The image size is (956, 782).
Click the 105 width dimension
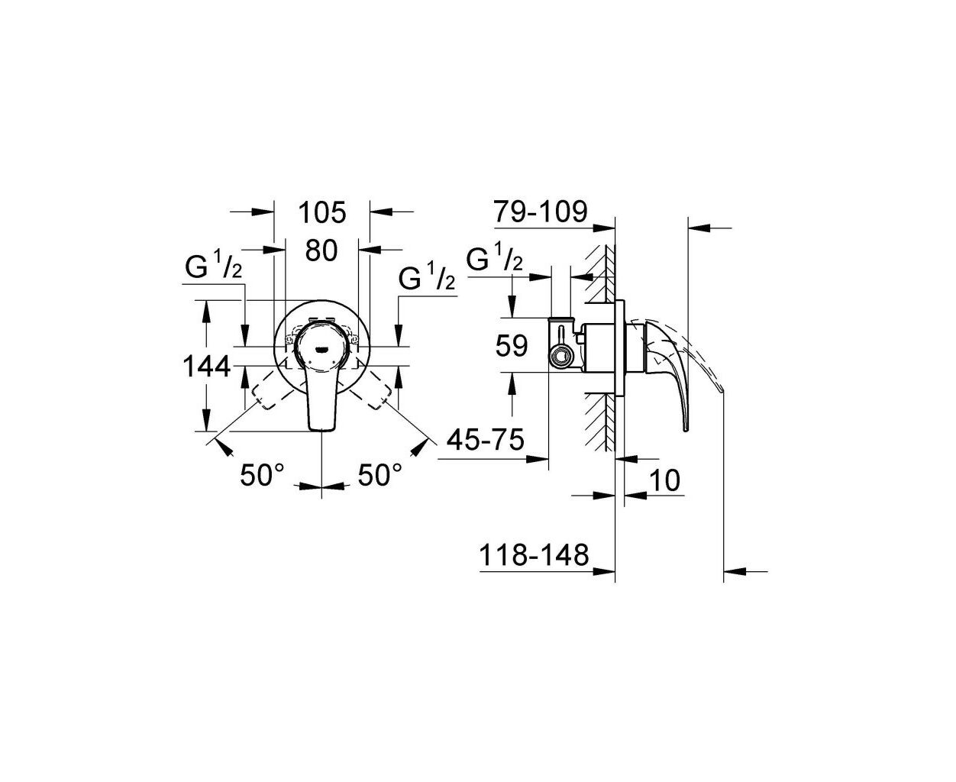pos(321,212)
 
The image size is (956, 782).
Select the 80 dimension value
pos(321,250)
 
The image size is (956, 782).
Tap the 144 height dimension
pos(207,367)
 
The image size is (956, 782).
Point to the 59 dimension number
pos(512,346)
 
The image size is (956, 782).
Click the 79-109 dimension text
pos(540,212)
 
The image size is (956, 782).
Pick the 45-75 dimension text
pos(486,439)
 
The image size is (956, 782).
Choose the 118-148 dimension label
pos(534,554)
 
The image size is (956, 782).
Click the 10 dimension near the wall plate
pos(665,480)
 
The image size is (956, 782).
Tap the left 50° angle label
pos(262,475)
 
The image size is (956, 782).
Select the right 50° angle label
pos(379,475)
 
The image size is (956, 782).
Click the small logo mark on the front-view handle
pos(321,349)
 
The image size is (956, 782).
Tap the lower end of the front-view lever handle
pos(321,429)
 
